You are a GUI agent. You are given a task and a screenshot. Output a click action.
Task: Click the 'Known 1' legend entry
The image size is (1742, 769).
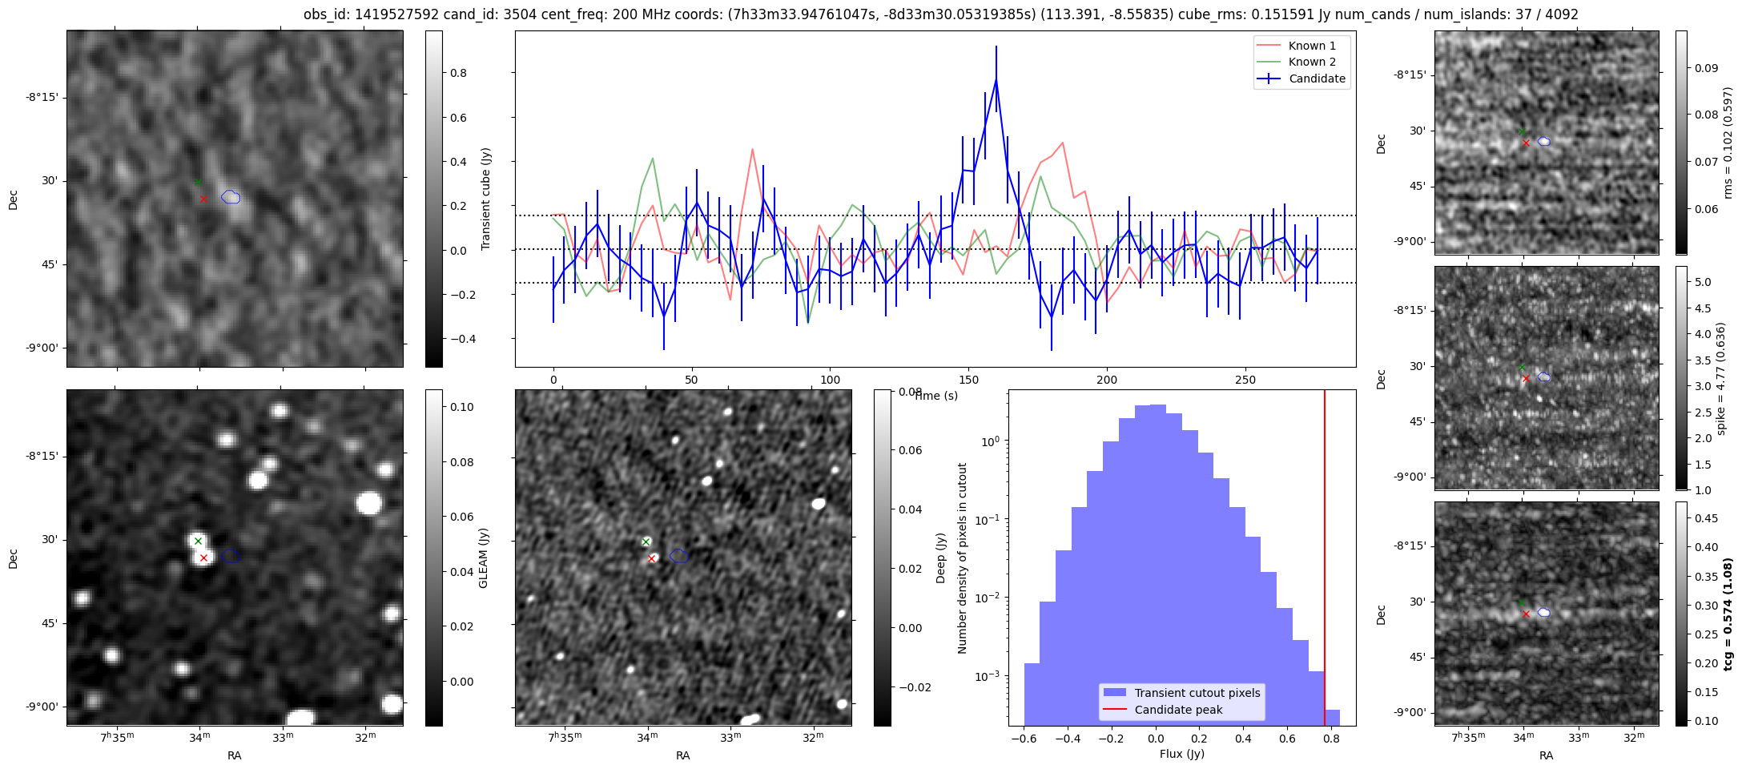point(1311,46)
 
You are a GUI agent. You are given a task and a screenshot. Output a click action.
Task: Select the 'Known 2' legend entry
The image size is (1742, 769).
point(1311,62)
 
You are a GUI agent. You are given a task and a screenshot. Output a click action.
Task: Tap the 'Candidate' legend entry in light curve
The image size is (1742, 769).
point(1317,79)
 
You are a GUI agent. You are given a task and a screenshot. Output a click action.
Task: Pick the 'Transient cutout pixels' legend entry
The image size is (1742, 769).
point(1197,693)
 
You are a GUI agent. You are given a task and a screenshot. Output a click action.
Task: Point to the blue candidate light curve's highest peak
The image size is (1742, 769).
point(996,79)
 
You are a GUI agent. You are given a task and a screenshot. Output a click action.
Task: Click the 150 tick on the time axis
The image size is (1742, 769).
point(968,379)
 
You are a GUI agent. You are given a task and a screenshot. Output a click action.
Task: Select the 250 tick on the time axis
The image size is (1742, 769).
point(1245,379)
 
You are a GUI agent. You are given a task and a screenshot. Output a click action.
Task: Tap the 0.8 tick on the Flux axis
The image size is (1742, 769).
point(1331,738)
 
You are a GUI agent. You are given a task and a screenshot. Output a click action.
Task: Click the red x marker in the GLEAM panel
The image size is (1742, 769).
point(203,558)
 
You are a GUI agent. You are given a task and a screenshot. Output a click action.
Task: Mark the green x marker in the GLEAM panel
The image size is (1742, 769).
point(198,542)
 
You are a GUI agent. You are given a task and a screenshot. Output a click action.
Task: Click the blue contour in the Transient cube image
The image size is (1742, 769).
point(231,197)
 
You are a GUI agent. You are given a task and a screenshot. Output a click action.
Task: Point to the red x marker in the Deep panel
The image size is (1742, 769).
point(652,558)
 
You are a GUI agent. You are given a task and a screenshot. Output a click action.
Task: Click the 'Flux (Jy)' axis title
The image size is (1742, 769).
point(1181,754)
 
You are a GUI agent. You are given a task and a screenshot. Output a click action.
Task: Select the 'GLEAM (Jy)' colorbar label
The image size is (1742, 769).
point(483,558)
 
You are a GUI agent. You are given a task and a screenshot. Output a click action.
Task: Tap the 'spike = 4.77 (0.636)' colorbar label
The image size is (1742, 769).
point(1721,378)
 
